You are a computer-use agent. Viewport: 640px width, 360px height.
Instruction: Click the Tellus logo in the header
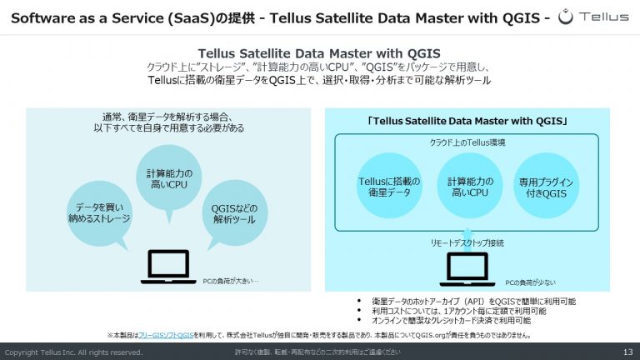[593, 17]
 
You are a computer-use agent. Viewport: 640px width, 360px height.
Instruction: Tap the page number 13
[627, 352]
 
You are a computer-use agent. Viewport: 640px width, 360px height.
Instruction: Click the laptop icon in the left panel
[168, 267]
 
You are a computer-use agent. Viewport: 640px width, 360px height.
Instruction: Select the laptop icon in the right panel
[467, 269]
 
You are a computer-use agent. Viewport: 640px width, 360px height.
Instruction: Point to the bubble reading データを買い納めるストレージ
[99, 213]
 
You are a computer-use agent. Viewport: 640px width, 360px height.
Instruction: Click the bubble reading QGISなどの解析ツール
[234, 213]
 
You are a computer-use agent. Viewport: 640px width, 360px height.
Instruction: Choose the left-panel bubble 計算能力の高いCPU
[168, 178]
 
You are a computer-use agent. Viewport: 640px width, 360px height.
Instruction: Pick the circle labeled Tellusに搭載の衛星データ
[389, 186]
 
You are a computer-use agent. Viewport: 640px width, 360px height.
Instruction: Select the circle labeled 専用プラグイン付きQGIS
[546, 186]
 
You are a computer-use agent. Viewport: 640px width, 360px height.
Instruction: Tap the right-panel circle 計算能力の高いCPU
[469, 186]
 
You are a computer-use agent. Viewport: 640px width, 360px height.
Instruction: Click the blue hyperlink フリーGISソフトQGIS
[166, 336]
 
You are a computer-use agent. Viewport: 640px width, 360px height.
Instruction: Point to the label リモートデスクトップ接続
[467, 242]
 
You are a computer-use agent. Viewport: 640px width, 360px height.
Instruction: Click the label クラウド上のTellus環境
[467, 142]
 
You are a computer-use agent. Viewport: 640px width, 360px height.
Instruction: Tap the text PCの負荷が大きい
[231, 281]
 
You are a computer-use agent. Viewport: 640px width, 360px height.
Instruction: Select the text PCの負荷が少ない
[530, 282]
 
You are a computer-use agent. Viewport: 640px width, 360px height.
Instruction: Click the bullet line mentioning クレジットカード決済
[451, 320]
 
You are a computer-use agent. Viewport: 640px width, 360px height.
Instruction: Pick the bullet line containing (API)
[473, 301]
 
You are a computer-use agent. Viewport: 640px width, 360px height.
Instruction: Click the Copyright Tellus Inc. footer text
[73, 352]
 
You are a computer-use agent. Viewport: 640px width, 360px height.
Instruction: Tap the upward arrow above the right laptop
[467, 240]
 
